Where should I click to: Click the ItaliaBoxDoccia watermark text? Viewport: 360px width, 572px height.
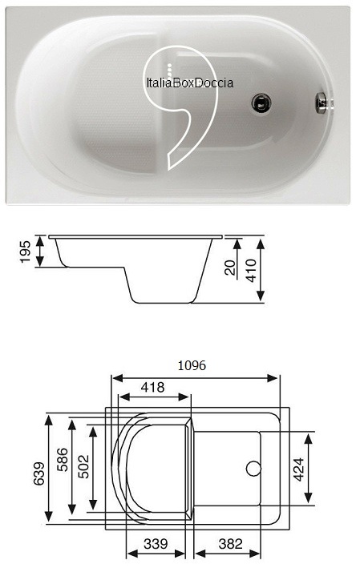(189, 82)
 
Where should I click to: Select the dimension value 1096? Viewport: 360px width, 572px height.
(192, 365)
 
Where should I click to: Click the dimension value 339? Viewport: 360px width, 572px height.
(157, 544)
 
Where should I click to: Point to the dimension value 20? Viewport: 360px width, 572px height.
(231, 268)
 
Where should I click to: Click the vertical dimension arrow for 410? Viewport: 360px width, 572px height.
(261, 270)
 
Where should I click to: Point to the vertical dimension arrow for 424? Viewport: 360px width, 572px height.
(309, 469)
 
